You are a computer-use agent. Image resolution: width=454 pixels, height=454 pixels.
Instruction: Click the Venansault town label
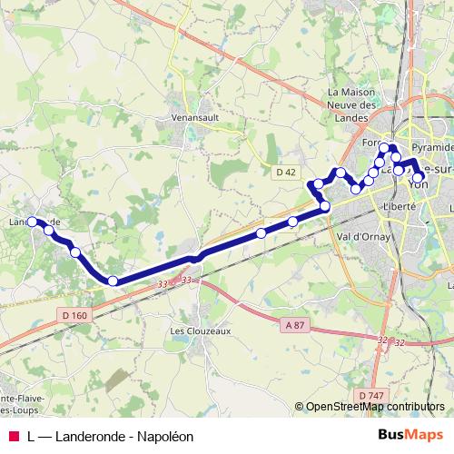197,117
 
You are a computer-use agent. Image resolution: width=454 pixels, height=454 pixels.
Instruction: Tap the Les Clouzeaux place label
201,331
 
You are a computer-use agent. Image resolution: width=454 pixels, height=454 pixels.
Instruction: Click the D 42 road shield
285,172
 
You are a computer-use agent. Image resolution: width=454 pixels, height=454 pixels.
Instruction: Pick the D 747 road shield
370,396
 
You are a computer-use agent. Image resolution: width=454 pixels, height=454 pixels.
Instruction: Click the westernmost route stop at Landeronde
33,221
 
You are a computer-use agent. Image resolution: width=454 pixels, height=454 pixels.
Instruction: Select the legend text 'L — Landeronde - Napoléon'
111,436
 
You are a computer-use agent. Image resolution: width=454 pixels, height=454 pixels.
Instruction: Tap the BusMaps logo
410,436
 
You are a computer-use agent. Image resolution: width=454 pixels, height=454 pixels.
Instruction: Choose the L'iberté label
400,206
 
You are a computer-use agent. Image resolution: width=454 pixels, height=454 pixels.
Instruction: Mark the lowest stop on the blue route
113,281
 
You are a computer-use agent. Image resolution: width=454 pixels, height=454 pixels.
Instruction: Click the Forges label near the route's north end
369,143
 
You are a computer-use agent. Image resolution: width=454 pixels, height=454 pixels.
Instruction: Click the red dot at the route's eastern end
419,176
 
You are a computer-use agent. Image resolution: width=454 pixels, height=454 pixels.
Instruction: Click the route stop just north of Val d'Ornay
325,207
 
